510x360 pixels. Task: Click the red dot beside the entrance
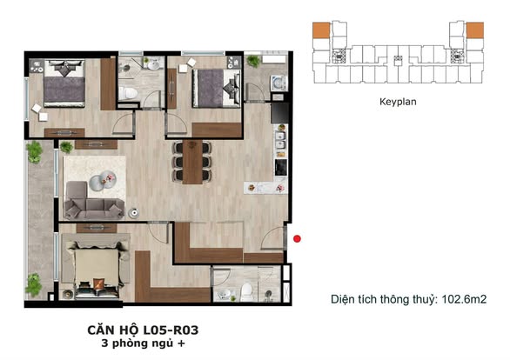(298, 237)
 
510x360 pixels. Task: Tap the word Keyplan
(399, 101)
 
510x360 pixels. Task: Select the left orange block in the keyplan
(322, 30)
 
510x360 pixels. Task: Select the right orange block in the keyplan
(474, 30)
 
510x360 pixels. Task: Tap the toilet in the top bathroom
(130, 92)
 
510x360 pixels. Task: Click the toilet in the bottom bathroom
(245, 290)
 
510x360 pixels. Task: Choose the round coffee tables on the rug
(106, 181)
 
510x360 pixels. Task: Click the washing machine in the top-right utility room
(278, 83)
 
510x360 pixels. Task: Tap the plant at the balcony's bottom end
(34, 283)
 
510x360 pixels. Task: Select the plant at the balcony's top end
(34, 152)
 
